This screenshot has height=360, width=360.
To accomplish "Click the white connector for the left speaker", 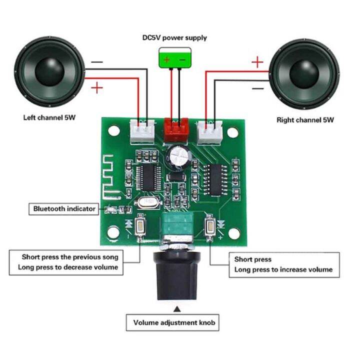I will click(x=142, y=130).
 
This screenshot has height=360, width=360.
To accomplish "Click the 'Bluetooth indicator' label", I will click(x=64, y=208).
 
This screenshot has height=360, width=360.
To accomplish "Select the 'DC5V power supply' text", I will click(x=174, y=37).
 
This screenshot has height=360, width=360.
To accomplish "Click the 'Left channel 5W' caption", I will click(x=53, y=118).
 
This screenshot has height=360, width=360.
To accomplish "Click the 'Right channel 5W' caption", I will click(x=305, y=120).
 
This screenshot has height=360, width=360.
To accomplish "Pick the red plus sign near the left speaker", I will click(x=97, y=88).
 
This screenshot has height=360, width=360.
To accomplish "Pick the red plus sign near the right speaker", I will click(x=256, y=62).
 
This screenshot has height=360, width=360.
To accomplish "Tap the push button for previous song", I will click(x=141, y=228).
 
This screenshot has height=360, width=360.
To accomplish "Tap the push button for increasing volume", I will click(x=211, y=227).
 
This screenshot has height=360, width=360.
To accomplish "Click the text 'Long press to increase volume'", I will click(x=283, y=269).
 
